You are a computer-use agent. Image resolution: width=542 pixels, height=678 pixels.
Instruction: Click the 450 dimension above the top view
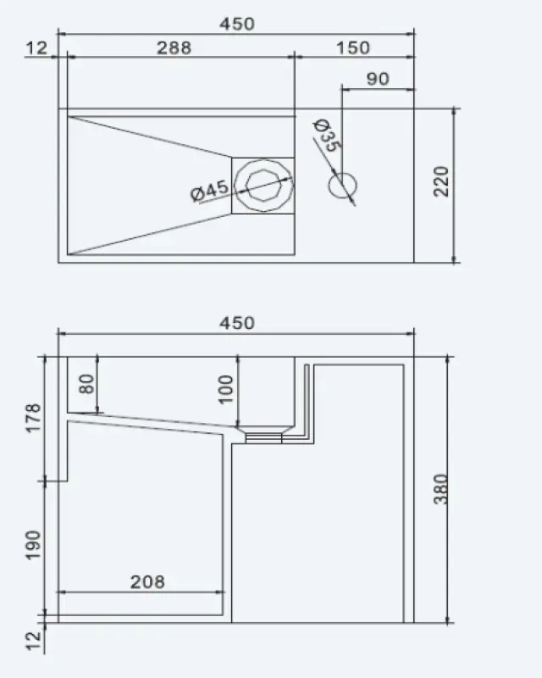click(x=237, y=25)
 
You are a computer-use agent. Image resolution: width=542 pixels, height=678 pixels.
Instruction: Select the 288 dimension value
click(x=174, y=47)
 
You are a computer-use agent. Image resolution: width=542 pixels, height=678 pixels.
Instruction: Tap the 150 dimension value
click(x=352, y=47)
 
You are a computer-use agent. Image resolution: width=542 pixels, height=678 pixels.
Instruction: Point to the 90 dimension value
click(x=378, y=79)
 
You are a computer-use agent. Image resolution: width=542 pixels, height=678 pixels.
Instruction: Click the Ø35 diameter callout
click(x=327, y=136)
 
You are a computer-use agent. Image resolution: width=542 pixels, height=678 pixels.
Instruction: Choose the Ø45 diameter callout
click(x=210, y=192)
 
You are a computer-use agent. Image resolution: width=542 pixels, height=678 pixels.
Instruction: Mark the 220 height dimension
click(x=441, y=181)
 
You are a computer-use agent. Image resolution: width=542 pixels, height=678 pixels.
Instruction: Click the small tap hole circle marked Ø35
click(x=343, y=186)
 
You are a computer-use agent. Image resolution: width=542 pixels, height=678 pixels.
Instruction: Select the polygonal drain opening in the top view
click(x=263, y=186)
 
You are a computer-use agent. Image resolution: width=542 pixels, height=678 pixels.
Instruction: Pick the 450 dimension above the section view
click(x=237, y=323)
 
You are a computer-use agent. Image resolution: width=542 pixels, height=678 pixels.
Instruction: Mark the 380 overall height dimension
click(x=440, y=489)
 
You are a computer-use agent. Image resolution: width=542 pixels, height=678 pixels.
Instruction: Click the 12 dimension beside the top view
click(x=36, y=47)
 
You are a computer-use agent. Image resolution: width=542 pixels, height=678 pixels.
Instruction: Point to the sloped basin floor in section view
click(x=152, y=420)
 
